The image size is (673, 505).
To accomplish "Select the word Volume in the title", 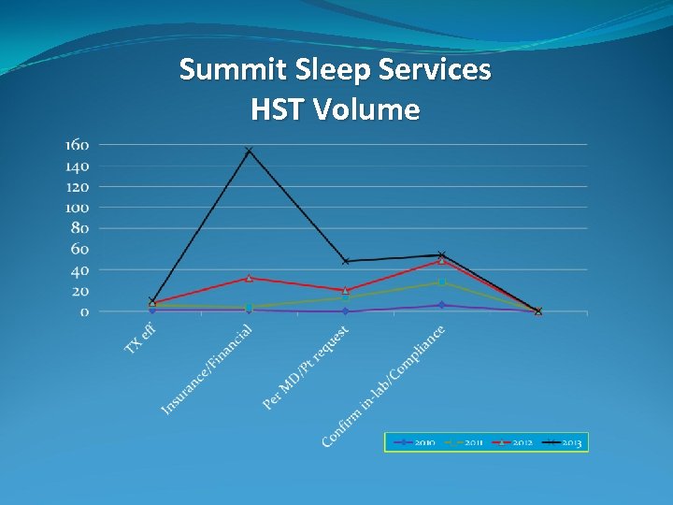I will pyautogui.click(x=367, y=110).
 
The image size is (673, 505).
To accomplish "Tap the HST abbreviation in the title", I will pyautogui.click(x=279, y=110).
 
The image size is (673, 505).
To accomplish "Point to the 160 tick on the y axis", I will pyautogui.click(x=77, y=145).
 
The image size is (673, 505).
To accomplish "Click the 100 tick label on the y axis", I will pyautogui.click(x=77, y=208).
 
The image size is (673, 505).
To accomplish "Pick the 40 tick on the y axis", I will pyautogui.click(x=79, y=270).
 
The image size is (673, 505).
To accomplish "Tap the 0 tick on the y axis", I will pyautogui.click(x=83, y=311).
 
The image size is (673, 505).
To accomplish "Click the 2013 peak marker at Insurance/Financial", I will pyautogui.click(x=249, y=151).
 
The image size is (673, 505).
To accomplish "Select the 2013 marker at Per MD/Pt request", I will pyautogui.click(x=346, y=261).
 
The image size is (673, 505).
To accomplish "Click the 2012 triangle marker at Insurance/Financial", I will pyautogui.click(x=249, y=278).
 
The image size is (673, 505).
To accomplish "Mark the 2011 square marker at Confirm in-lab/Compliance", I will pyautogui.click(x=442, y=281).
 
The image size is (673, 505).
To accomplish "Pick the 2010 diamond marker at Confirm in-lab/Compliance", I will pyautogui.click(x=442, y=305).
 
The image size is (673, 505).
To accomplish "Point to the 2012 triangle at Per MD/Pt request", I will pyautogui.click(x=346, y=290).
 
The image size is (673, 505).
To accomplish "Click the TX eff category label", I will pyautogui.click(x=140, y=339).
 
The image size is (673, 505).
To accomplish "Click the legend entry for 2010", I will pyautogui.click(x=414, y=442).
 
